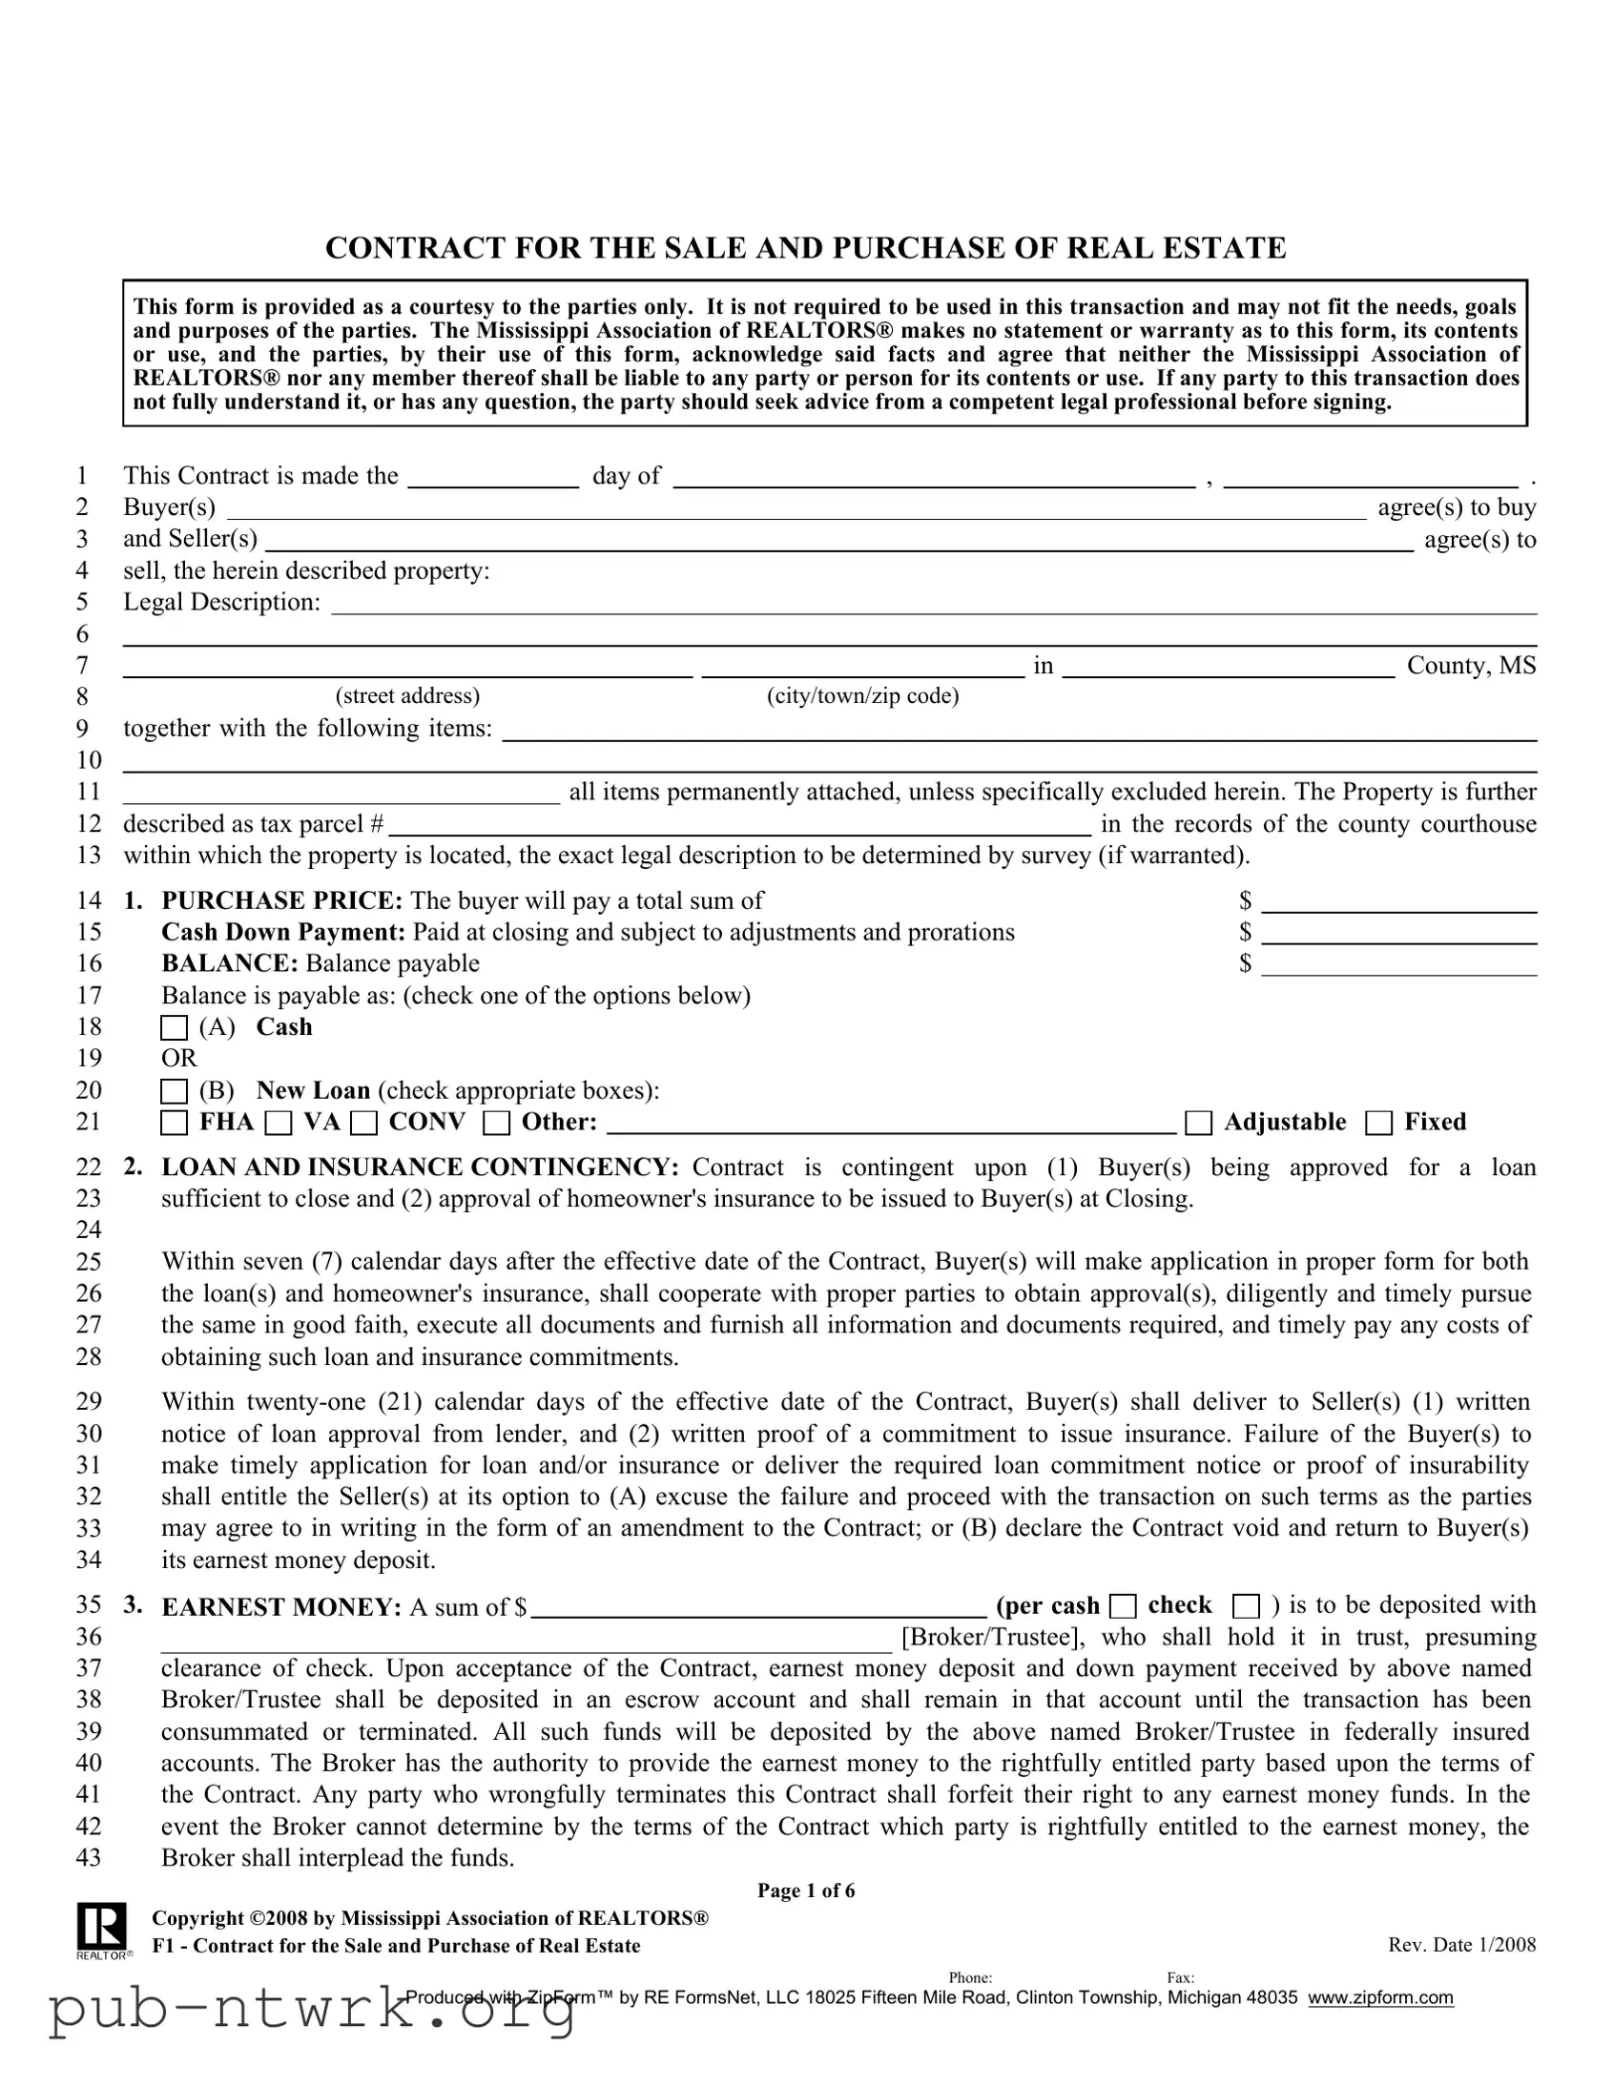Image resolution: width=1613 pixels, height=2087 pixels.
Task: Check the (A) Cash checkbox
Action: pyautogui.click(x=174, y=1028)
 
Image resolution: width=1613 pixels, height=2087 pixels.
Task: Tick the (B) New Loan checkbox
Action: pyautogui.click(x=174, y=1091)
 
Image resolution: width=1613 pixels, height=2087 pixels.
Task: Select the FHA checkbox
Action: pyautogui.click(x=174, y=1123)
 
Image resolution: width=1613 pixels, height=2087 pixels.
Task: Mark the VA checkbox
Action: pyautogui.click(x=279, y=1123)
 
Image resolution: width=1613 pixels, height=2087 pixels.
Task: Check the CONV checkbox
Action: pyautogui.click(x=364, y=1123)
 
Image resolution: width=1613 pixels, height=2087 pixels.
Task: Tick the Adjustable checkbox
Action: pyautogui.click(x=1198, y=1123)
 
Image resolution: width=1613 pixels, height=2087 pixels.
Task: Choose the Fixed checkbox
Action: pyautogui.click(x=1379, y=1123)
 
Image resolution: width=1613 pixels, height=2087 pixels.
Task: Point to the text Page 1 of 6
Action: pyautogui.click(x=805, y=1891)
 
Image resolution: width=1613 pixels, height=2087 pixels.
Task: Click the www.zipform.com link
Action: pyautogui.click(x=1380, y=1998)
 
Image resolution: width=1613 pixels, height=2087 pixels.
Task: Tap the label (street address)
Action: pyautogui.click(x=407, y=695)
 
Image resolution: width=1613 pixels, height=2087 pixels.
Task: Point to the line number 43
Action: pyautogui.click(x=89, y=1858)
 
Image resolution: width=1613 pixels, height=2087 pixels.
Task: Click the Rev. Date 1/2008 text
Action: pyautogui.click(x=1461, y=1945)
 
